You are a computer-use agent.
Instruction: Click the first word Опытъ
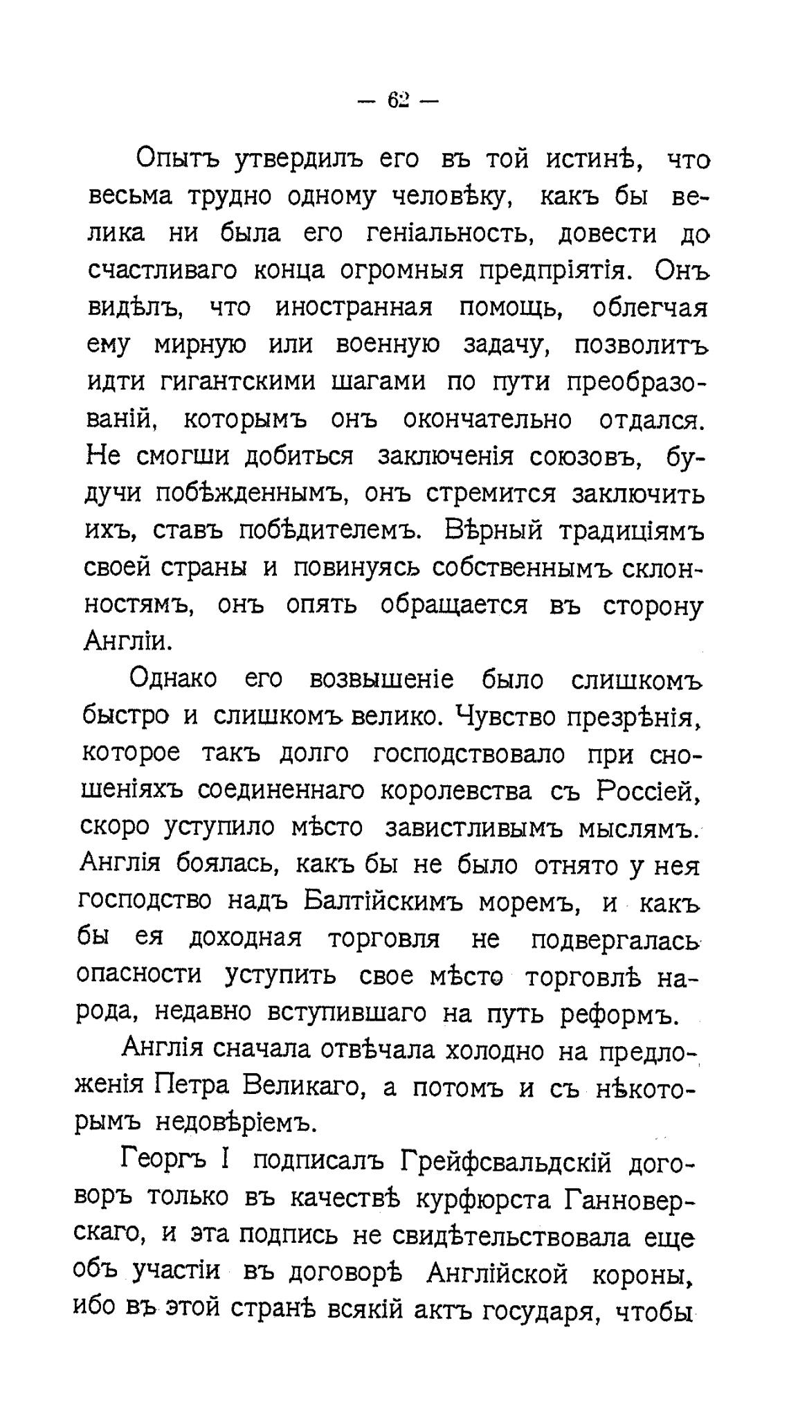[x=177, y=160]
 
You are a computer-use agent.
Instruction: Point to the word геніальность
[x=453, y=234]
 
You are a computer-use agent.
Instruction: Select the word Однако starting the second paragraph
[x=173, y=679]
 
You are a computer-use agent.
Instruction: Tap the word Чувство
[x=506, y=716]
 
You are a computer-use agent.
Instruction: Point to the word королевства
[x=457, y=791]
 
